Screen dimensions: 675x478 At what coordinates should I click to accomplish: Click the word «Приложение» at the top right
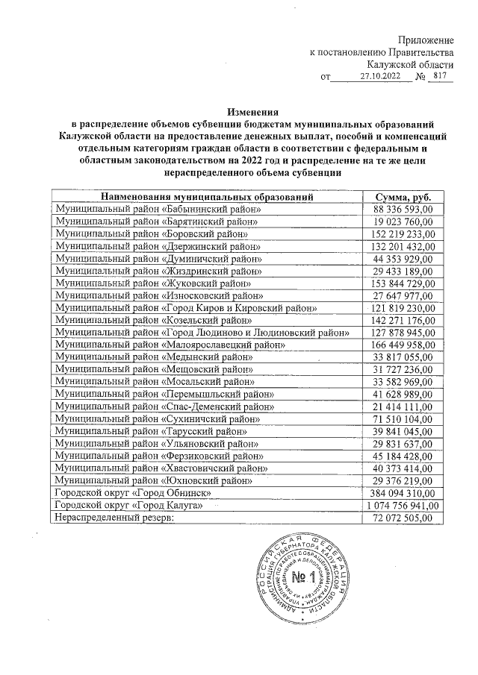click(425, 39)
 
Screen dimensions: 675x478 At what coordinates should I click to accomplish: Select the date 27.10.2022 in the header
click(380, 76)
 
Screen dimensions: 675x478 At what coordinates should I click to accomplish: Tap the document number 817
click(439, 75)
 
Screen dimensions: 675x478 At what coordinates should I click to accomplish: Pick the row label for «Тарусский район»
click(152, 431)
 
